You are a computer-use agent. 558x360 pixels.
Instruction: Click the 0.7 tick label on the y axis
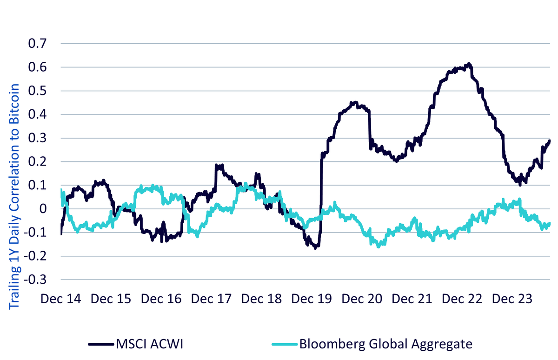[37, 44]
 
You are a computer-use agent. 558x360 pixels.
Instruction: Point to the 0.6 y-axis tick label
[37, 67]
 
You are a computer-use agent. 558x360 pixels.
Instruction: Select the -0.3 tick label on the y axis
[35, 280]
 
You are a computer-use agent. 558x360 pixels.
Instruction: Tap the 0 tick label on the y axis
[43, 209]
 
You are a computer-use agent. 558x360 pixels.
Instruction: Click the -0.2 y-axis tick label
[35, 256]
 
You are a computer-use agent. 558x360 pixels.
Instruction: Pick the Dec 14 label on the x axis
[61, 299]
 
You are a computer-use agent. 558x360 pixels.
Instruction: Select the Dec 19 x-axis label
[312, 299]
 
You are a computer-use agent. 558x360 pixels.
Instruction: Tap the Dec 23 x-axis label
[512, 299]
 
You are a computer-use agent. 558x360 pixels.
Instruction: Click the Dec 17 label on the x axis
[211, 299]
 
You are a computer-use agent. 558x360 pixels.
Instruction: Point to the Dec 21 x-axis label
[412, 299]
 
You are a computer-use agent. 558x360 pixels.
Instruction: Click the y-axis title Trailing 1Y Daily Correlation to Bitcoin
[14, 197]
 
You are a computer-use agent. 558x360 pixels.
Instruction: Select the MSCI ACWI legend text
[149, 344]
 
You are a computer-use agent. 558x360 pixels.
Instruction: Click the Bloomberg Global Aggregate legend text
[386, 344]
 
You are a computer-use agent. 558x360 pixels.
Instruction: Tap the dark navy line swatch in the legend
[101, 345]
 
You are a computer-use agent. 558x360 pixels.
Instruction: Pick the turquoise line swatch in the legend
[285, 345]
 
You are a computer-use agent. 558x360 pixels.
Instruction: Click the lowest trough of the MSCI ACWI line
[315, 247]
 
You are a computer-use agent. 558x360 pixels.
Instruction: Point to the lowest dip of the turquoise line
[379, 246]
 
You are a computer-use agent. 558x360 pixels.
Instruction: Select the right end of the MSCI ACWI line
[549, 141]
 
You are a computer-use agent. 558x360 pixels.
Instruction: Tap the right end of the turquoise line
[549, 223]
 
